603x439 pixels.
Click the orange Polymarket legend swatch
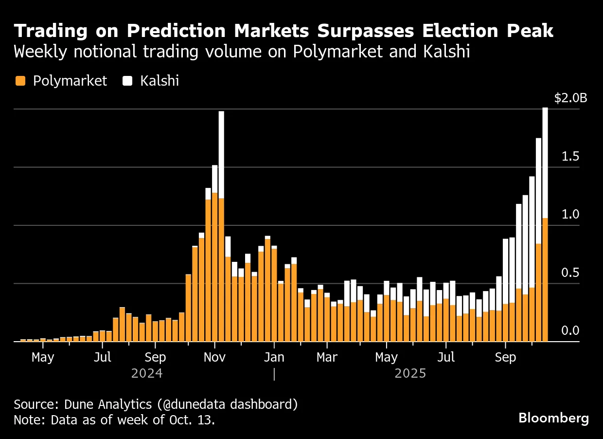(x=20, y=81)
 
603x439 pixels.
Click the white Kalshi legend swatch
(x=127, y=81)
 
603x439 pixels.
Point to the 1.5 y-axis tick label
(x=570, y=156)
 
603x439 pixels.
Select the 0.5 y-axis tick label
(x=570, y=273)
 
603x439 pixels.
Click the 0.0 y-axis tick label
(x=570, y=331)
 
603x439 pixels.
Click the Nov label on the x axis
(x=214, y=357)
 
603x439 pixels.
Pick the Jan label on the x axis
(x=274, y=357)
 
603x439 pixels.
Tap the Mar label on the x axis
(x=327, y=357)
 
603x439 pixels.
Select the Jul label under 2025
(x=446, y=357)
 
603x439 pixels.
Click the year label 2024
(x=147, y=374)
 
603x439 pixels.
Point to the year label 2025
(x=410, y=374)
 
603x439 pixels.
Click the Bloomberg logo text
(x=553, y=418)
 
